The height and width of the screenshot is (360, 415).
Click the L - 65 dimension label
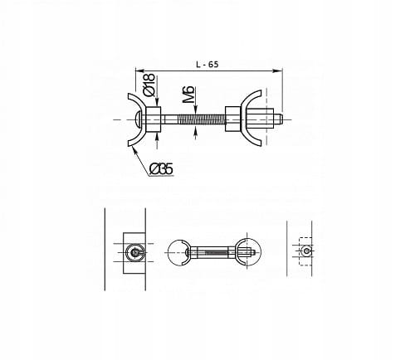click(207, 65)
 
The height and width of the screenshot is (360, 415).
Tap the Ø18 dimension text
click(149, 85)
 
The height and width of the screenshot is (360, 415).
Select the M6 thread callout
click(188, 95)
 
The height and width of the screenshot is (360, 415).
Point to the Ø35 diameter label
click(161, 169)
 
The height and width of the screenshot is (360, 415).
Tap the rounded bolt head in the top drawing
click(138, 119)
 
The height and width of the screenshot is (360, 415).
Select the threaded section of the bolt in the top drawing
click(201, 119)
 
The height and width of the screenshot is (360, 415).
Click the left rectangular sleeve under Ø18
click(154, 119)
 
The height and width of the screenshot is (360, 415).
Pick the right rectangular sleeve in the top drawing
click(233, 119)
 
